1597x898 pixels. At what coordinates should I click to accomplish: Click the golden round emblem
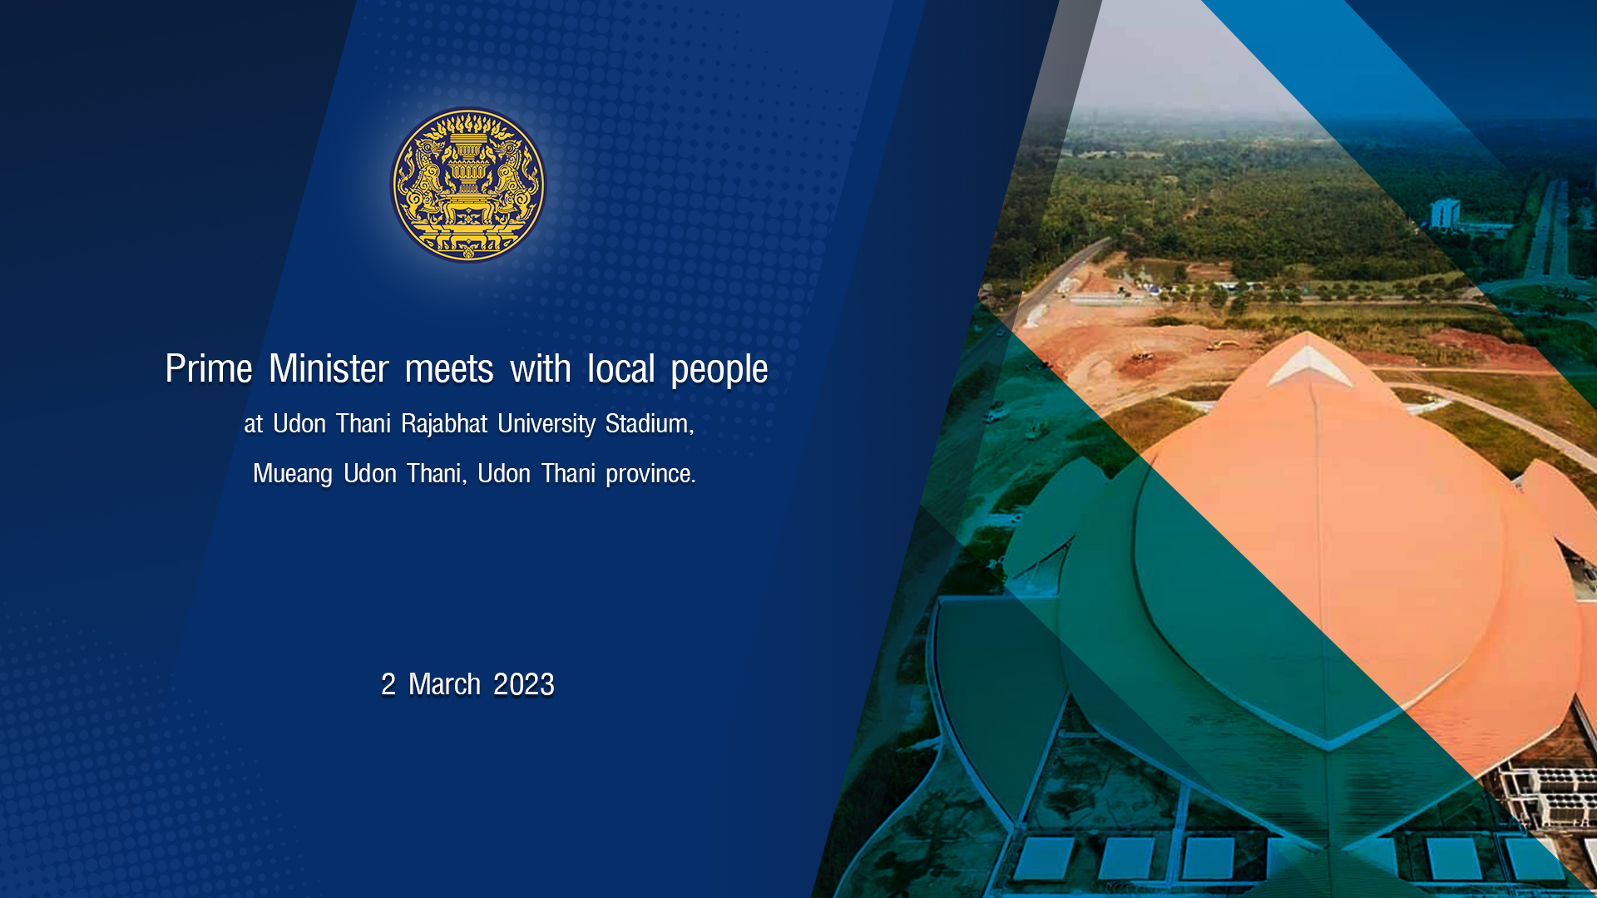pyautogui.click(x=468, y=185)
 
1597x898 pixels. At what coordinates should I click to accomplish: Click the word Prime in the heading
pyautogui.click(x=209, y=368)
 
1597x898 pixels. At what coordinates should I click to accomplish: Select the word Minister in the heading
pyautogui.click(x=329, y=368)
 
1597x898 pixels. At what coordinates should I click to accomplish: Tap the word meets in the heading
pyautogui.click(x=449, y=369)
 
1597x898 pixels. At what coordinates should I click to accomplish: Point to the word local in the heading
pyautogui.click(x=621, y=368)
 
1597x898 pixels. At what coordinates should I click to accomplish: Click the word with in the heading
pyautogui.click(x=541, y=368)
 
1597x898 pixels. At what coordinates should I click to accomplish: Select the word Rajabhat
pyautogui.click(x=444, y=424)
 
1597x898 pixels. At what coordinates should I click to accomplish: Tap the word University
pyautogui.click(x=546, y=424)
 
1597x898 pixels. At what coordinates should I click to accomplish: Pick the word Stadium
pyautogui.click(x=649, y=424)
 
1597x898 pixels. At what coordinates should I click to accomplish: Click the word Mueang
pyautogui.click(x=293, y=474)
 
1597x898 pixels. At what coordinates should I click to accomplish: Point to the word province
pyautogui.click(x=650, y=474)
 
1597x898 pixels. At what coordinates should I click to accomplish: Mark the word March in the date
pyautogui.click(x=444, y=684)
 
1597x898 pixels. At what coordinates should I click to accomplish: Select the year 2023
pyautogui.click(x=524, y=684)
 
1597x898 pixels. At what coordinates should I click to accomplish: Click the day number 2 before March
pyautogui.click(x=388, y=684)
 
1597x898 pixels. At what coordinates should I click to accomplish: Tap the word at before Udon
pyautogui.click(x=254, y=425)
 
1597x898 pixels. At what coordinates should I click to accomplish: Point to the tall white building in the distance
pyautogui.click(x=1445, y=214)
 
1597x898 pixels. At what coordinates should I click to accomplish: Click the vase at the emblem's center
pyautogui.click(x=467, y=175)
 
